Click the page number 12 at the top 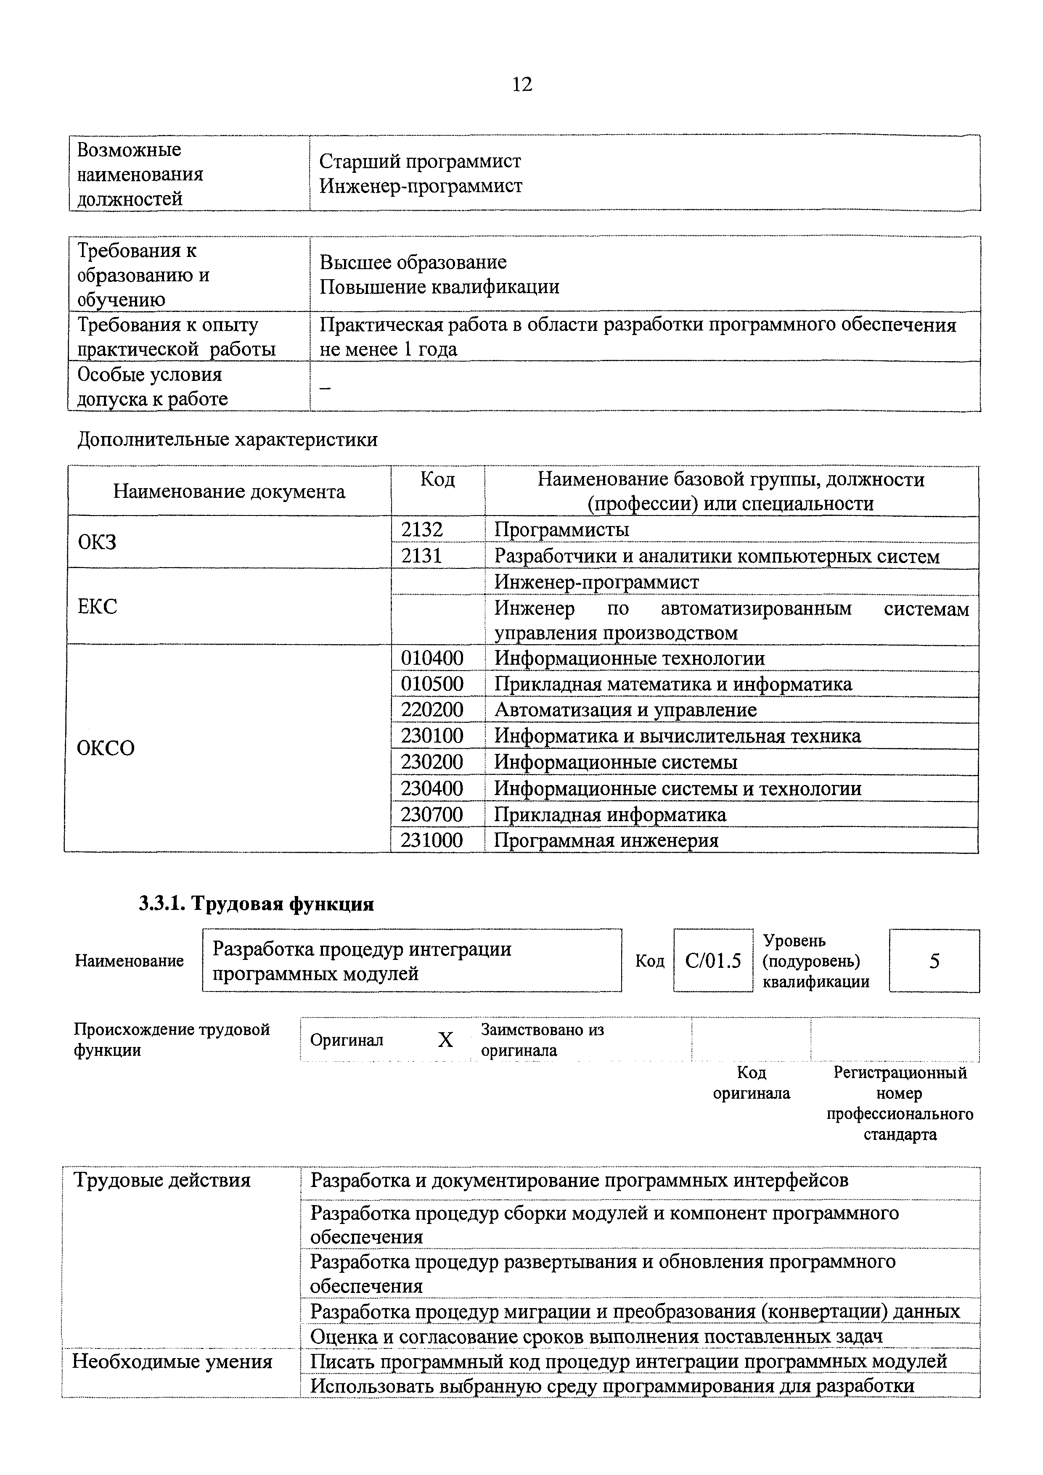pyautogui.click(x=522, y=84)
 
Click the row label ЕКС pyautogui.click(x=97, y=606)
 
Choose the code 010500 pyautogui.click(x=432, y=684)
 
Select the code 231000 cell pyautogui.click(x=432, y=840)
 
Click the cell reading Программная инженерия pyautogui.click(x=606, y=840)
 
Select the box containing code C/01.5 pyautogui.click(x=713, y=961)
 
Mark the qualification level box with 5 pyautogui.click(x=934, y=961)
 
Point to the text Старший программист pyautogui.click(x=420, y=161)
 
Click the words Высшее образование pyautogui.click(x=413, y=262)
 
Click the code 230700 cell pyautogui.click(x=432, y=814)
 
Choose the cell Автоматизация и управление pyautogui.click(x=625, y=710)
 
